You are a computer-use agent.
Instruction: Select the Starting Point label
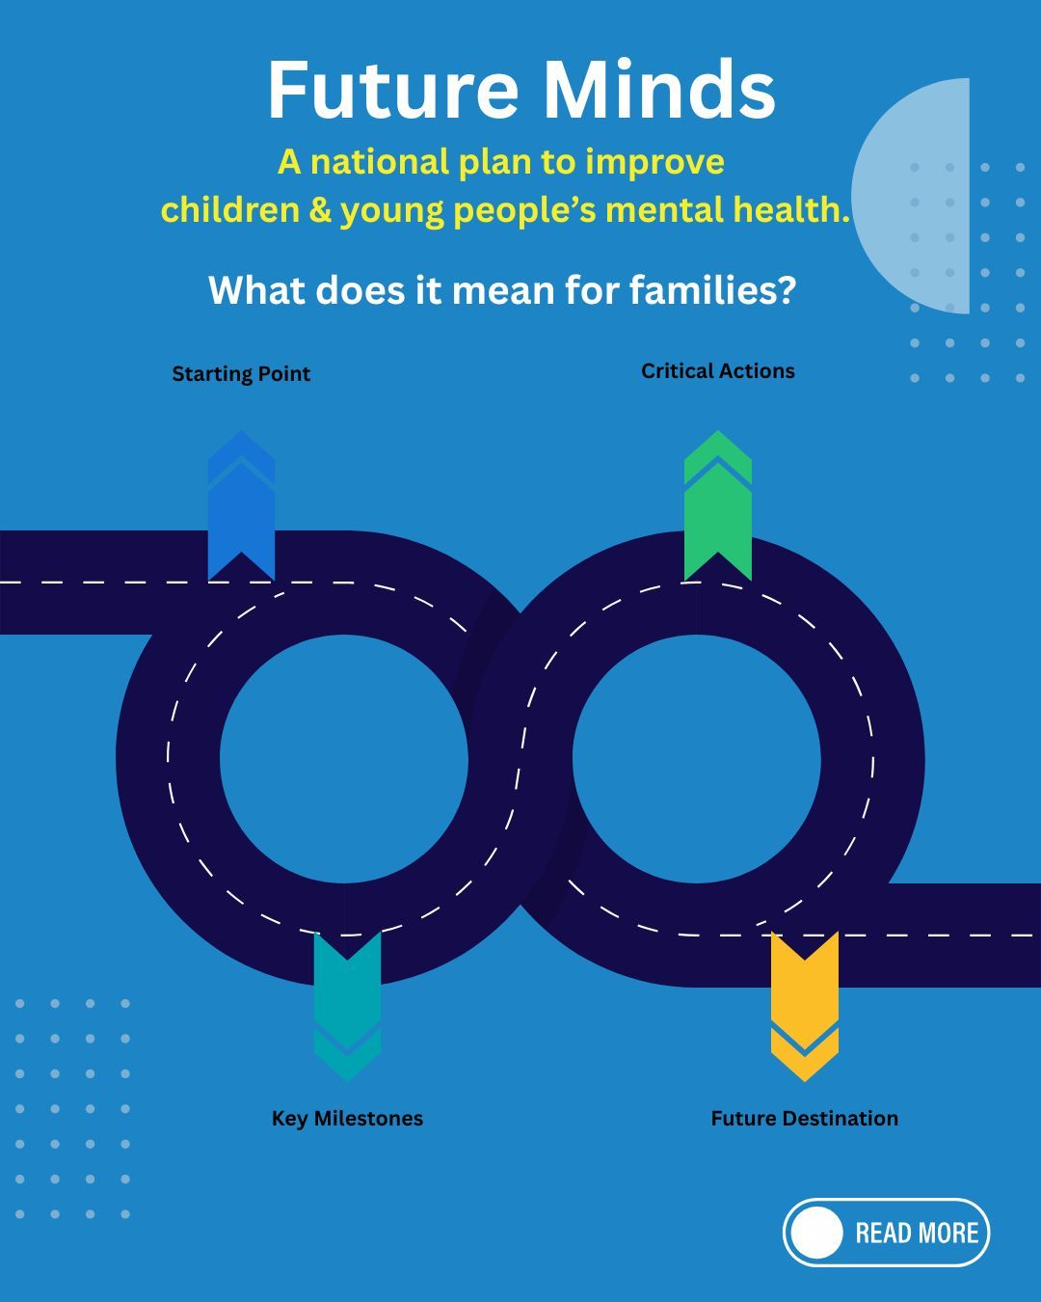coord(241,374)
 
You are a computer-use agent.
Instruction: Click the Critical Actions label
coord(718,371)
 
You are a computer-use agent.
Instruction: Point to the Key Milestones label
coord(347,1119)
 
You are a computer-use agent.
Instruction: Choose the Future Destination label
coord(804,1119)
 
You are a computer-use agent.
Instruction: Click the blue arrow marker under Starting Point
coord(241,506)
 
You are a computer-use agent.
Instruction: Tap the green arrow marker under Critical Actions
coord(718,506)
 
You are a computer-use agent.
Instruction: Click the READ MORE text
coord(917,1233)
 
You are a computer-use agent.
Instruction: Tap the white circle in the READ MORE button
coord(817,1233)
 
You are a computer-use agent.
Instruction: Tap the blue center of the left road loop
coord(344,759)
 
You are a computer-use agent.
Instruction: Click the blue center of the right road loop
coord(697,759)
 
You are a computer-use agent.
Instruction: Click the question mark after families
coord(787,289)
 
